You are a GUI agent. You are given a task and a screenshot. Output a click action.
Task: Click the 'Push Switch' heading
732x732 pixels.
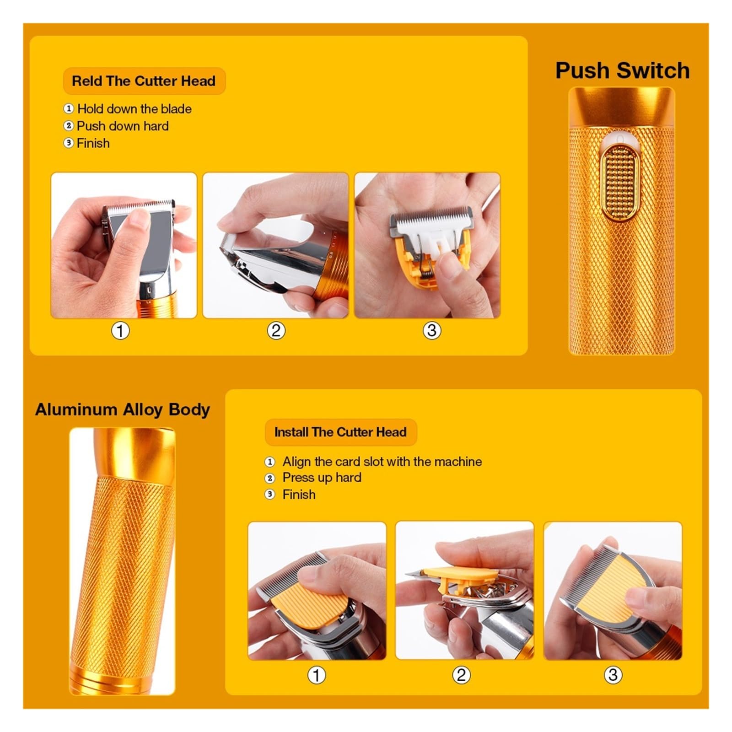[622, 70]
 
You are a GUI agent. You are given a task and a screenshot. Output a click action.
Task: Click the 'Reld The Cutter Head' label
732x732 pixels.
[144, 81]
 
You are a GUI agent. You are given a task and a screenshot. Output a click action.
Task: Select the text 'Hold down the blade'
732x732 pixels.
[134, 109]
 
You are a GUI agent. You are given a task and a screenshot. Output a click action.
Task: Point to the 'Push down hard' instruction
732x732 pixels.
[123, 126]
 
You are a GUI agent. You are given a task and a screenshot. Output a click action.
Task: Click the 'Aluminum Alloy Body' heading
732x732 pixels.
[123, 409]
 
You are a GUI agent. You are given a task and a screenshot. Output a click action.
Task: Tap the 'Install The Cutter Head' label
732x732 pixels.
[340, 432]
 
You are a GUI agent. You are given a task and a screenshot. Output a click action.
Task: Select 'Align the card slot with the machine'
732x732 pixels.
[382, 462]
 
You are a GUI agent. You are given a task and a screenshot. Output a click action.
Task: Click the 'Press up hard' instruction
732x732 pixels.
[322, 478]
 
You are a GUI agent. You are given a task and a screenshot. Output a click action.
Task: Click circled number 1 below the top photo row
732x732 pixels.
[120, 330]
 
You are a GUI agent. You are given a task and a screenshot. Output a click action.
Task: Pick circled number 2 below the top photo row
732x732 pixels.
[276, 330]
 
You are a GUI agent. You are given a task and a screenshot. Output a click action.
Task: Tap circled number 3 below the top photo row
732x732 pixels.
[431, 330]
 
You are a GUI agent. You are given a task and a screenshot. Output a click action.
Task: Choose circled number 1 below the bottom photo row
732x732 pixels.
[316, 675]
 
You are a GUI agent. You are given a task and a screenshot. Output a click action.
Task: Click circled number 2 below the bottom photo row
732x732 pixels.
[461, 675]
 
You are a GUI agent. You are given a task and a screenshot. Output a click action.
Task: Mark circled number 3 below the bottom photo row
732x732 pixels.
[613, 675]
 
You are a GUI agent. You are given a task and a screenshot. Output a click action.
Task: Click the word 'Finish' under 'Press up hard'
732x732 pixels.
[299, 495]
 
